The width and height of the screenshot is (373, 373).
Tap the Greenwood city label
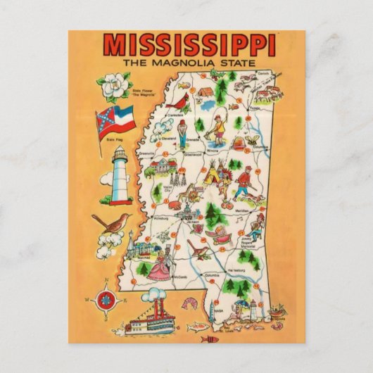point(193,153)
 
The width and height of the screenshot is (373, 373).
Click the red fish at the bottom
point(209,339)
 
